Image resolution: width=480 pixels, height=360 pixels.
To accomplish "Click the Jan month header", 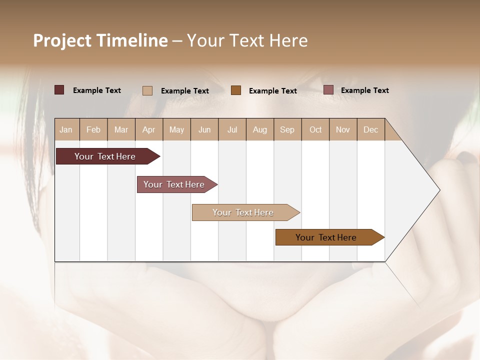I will (x=66, y=129).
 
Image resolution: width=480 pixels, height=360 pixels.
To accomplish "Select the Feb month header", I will (x=93, y=129).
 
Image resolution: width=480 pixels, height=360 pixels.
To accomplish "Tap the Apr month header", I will (x=148, y=129).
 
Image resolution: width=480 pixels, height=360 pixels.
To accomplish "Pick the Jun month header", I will (x=204, y=129).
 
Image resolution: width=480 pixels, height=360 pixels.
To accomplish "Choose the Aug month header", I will (x=259, y=129).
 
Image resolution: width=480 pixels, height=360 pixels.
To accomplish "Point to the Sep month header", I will (x=287, y=129).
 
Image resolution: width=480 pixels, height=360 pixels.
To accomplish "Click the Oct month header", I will (x=315, y=129).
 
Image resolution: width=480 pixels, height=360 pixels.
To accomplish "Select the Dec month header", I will (x=370, y=129).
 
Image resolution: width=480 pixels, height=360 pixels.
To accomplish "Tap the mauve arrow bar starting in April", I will (x=175, y=184).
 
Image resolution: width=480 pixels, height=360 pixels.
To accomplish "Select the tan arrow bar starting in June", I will (x=244, y=212).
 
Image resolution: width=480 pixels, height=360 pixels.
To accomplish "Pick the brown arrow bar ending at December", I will (x=327, y=237).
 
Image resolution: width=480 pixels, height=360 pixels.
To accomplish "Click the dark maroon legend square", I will (x=59, y=90).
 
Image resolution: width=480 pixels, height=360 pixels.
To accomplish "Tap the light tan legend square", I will (x=147, y=90).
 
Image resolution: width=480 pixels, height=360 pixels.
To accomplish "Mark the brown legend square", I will (x=236, y=90).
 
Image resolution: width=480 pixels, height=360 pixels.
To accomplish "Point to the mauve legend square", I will (x=328, y=90).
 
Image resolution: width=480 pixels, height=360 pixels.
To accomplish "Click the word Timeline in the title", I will (x=132, y=40).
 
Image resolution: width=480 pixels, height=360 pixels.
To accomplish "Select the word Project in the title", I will (x=62, y=40).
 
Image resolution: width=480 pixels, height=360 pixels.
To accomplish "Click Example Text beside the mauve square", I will (x=364, y=90).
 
